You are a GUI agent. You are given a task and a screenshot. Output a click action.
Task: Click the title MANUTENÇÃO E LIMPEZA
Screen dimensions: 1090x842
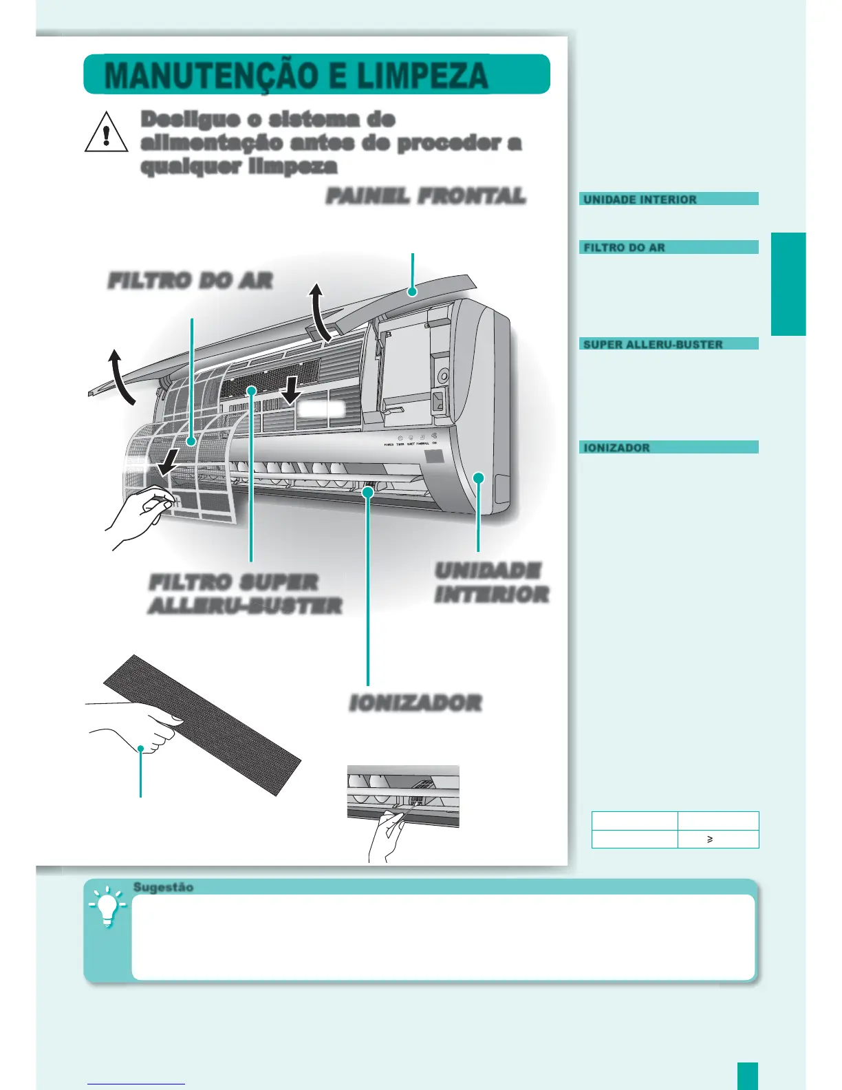(296, 75)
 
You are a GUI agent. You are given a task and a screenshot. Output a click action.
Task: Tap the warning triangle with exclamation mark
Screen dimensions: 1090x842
(106, 133)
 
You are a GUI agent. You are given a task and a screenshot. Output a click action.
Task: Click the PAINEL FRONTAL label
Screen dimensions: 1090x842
(426, 196)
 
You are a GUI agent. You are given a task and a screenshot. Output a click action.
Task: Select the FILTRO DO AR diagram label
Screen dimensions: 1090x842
(190, 281)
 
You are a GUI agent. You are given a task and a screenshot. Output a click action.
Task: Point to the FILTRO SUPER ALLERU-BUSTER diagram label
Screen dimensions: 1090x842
(245, 594)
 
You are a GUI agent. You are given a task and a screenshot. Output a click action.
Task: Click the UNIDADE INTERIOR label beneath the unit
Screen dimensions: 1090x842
(491, 582)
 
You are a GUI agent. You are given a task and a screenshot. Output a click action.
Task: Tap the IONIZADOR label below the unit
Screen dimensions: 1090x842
(415, 703)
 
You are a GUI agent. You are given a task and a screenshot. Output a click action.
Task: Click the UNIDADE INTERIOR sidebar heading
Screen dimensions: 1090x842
(640, 200)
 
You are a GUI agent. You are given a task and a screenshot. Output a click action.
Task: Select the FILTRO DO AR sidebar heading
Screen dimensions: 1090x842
(624, 248)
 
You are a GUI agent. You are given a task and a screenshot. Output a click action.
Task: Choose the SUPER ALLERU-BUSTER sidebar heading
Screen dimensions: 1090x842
(653, 344)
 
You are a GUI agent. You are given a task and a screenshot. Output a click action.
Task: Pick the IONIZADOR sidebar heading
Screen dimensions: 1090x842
(616, 448)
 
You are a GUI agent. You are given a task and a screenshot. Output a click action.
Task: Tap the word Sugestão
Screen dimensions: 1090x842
(163, 887)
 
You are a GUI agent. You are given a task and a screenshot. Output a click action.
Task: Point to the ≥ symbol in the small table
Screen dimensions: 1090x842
(710, 840)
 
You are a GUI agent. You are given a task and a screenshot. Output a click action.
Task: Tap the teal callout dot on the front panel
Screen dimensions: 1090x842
(412, 292)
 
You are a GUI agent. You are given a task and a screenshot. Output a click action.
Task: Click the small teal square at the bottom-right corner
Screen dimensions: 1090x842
(747, 1076)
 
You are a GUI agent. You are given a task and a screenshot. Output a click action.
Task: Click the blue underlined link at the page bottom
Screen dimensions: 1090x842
(136, 1084)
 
